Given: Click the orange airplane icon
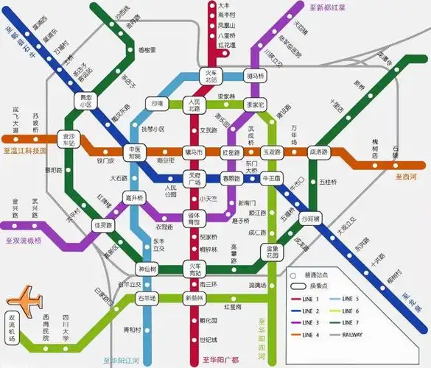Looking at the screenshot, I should (x=24, y=300).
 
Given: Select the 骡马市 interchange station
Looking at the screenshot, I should (x=193, y=152).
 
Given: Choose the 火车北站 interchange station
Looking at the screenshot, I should (x=209, y=77).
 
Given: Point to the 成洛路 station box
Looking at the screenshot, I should (x=318, y=152).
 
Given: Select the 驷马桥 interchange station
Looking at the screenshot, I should (x=254, y=77).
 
